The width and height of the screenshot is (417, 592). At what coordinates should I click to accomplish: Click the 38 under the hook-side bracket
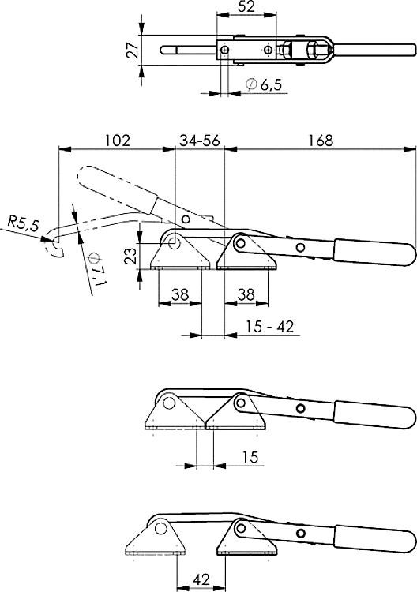(x=179, y=295)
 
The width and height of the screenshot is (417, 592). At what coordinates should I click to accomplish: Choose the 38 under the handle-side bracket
(x=246, y=295)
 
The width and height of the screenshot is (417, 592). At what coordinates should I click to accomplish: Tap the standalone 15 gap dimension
(x=250, y=457)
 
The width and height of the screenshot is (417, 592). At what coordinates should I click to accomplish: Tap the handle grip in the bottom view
(x=375, y=537)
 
